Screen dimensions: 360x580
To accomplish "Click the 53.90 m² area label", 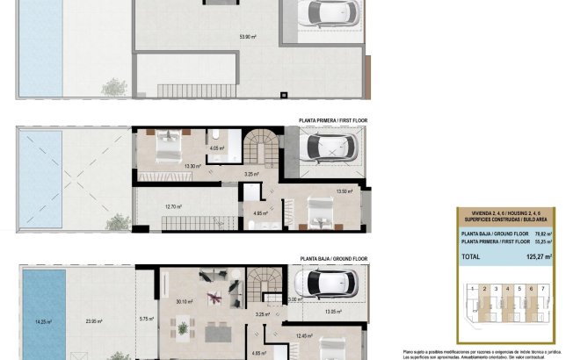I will [247, 37].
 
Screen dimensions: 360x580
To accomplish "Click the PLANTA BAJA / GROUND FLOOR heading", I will [333, 259].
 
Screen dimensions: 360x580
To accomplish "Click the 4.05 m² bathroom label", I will [217, 148].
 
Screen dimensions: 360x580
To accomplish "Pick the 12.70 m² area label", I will [174, 207].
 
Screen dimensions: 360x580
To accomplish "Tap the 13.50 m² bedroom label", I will [344, 191].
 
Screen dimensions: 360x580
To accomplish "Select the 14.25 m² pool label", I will [42, 321].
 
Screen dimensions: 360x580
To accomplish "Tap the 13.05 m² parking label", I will [333, 311].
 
